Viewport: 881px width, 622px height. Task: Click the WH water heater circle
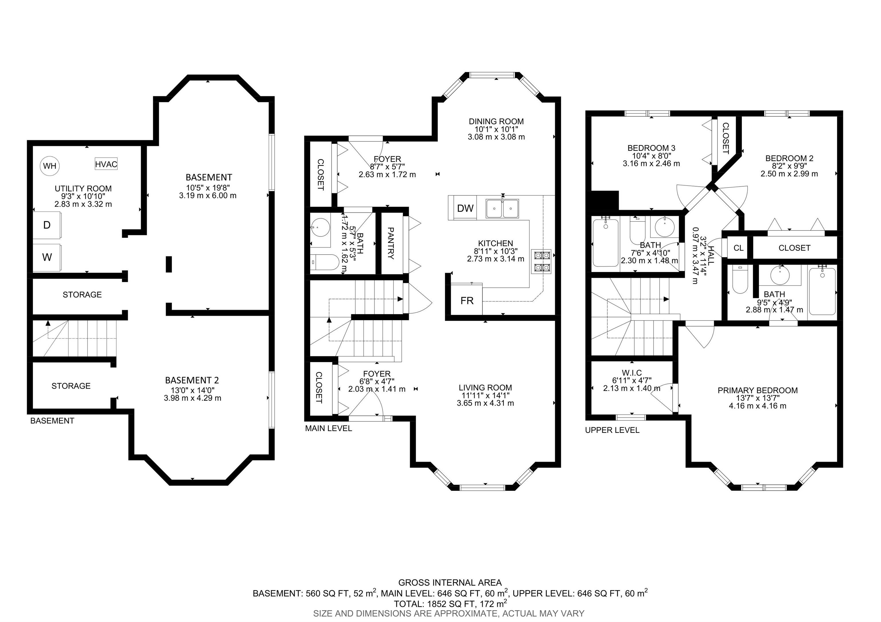click(x=50, y=166)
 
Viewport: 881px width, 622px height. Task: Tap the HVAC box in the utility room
click(x=106, y=164)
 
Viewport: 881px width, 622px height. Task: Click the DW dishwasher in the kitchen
click(x=463, y=208)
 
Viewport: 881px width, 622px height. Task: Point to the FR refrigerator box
click(x=467, y=300)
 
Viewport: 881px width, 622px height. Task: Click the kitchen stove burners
click(x=541, y=261)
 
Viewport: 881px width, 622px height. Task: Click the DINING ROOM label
click(x=496, y=121)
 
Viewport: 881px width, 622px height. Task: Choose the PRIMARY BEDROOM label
click(x=758, y=390)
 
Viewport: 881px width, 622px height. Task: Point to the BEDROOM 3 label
click(x=652, y=148)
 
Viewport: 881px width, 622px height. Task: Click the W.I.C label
click(x=631, y=372)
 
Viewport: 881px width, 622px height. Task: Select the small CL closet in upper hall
click(x=738, y=248)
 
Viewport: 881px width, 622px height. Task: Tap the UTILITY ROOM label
click(x=83, y=188)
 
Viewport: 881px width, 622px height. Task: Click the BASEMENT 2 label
click(x=192, y=380)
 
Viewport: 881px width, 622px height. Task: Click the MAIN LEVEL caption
click(x=328, y=428)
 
